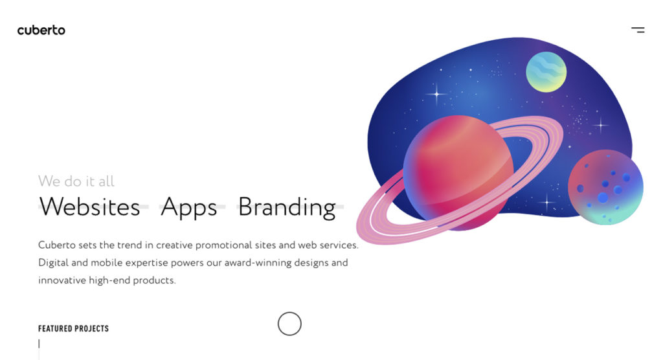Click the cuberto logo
click(41, 30)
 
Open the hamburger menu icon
click(638, 30)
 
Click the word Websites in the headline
click(89, 207)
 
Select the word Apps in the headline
click(188, 207)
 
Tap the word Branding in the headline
click(287, 207)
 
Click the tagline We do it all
click(76, 181)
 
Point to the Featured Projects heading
click(73, 329)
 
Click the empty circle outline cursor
click(289, 324)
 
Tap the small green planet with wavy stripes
click(546, 72)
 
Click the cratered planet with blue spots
click(605, 187)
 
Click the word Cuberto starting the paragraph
click(56, 245)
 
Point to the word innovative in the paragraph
click(63, 280)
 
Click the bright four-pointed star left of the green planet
click(436, 95)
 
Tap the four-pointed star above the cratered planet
click(601, 125)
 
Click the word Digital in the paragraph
click(52, 263)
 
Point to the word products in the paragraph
click(154, 280)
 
